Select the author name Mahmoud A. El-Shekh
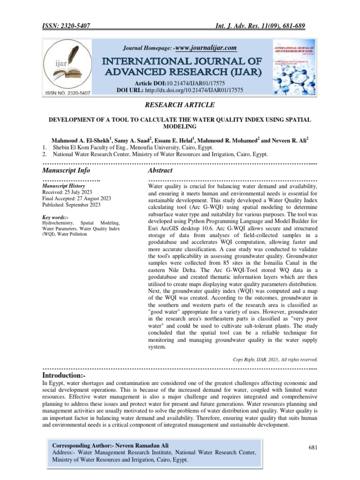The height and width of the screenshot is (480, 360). pos(81,140)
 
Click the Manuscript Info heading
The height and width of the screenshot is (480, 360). pos(66,170)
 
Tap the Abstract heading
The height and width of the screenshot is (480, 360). pos(160,170)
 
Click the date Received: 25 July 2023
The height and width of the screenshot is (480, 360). pos(67,192)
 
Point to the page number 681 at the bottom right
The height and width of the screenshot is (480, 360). pos(313,448)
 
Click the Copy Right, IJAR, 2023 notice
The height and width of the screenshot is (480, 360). pos(275,360)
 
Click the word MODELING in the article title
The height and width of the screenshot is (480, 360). pos(180,127)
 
